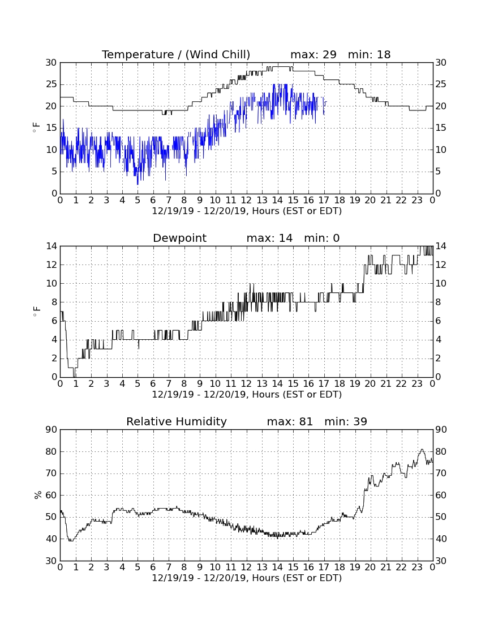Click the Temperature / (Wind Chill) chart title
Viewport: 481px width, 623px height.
point(176,54)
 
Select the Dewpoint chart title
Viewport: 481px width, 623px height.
point(180,238)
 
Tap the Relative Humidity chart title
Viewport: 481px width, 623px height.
point(177,421)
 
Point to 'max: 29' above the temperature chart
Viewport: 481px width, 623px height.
point(313,54)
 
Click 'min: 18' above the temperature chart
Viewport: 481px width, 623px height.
point(370,54)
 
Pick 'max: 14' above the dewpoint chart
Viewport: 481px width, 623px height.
point(269,238)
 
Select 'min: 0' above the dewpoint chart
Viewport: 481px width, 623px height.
point(322,238)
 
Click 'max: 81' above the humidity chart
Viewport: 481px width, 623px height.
point(290,421)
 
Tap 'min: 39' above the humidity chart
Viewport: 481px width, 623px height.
point(346,421)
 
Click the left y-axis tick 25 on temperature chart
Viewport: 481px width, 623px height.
point(51,84)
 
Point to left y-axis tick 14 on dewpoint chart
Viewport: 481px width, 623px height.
point(51,246)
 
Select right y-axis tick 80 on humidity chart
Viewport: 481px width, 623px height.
point(441,451)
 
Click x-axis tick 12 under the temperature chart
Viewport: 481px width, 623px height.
point(246,200)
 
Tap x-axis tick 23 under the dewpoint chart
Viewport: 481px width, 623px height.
point(416,384)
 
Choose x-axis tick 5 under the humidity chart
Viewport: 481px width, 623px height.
point(138,567)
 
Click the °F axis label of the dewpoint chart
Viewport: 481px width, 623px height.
point(37,311)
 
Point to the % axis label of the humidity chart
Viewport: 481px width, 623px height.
point(38,495)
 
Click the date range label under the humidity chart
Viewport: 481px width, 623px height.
point(247,578)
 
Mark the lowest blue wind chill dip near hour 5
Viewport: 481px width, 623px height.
point(138,184)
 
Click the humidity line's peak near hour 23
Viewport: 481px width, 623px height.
point(422,450)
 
